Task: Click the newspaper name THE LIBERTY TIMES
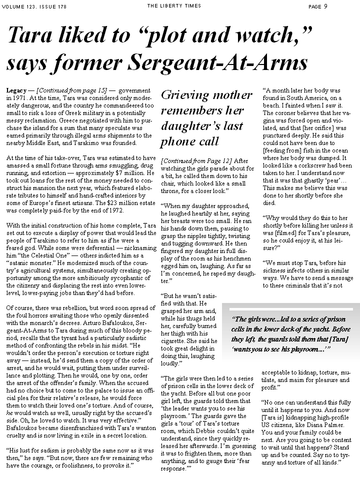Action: [173, 6]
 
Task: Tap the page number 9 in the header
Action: [325, 6]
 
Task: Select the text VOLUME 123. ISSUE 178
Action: [34, 6]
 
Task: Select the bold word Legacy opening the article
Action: [16, 90]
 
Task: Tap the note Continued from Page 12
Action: [196, 160]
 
